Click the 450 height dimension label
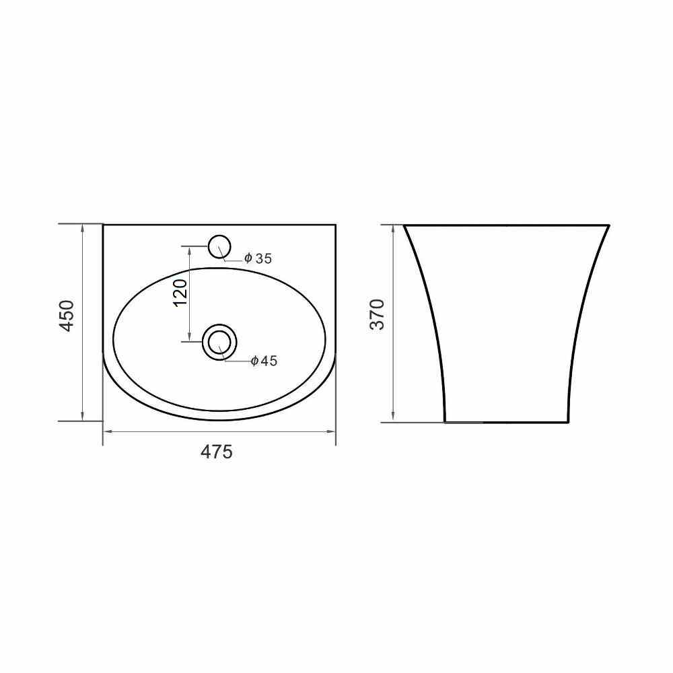click(x=67, y=316)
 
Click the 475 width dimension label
click(x=216, y=452)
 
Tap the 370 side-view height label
click(x=378, y=314)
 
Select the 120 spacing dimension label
click(x=180, y=293)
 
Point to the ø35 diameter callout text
click(x=258, y=258)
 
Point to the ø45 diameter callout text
click(x=264, y=361)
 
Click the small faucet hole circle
click(x=219, y=246)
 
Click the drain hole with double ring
click(x=219, y=342)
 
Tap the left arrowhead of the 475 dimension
click(x=108, y=431)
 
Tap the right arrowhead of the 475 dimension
click(x=330, y=431)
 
